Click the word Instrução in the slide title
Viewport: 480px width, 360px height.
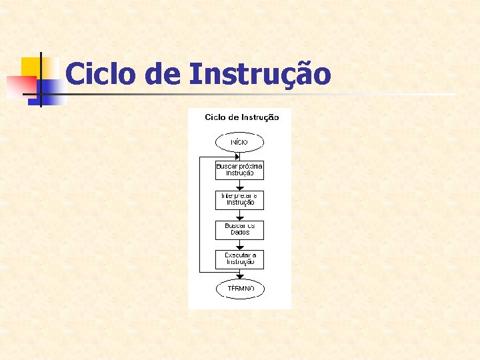click(259, 74)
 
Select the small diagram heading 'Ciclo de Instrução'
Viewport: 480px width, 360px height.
click(241, 117)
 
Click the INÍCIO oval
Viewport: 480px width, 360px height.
click(239, 142)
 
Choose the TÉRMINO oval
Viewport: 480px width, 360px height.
click(239, 289)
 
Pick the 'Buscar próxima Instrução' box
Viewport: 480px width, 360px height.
click(239, 169)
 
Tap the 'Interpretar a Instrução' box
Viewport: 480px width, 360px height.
click(239, 199)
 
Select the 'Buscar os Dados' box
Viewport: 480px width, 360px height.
click(239, 229)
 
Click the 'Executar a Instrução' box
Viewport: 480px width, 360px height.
click(239, 259)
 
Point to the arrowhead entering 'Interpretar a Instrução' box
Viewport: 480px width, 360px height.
click(239, 188)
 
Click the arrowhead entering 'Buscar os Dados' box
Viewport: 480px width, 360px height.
click(239, 218)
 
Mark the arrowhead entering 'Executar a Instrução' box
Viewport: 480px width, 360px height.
click(239, 248)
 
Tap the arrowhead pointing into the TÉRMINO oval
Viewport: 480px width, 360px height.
click(239, 277)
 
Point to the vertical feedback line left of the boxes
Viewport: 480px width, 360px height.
click(199, 213)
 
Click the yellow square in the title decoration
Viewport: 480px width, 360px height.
click(31, 67)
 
